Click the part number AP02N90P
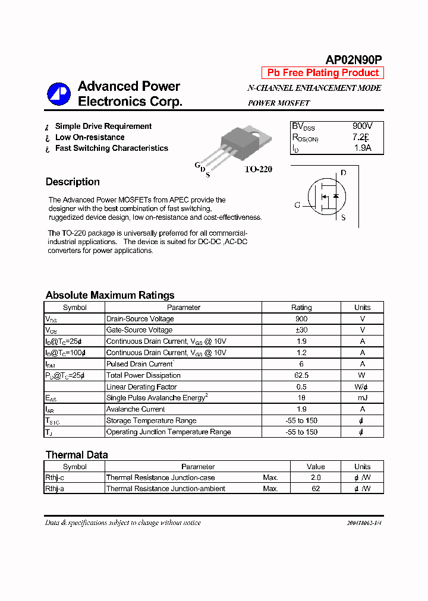pos(354,59)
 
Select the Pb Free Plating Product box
pos(323,73)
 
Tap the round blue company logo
pos(59,93)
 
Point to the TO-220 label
pos(258,169)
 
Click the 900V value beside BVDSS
pos(363,126)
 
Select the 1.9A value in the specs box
pos(362,148)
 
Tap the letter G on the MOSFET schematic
pos(297,205)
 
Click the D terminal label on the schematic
pos(343,173)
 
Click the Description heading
pos(73,182)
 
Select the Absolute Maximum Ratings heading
pos(110,295)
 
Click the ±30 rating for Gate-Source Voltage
pos(301,330)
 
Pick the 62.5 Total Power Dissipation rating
pos(301,375)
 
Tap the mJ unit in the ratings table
pos(362,398)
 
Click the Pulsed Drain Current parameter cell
pos(140,364)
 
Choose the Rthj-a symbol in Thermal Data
pos(55,489)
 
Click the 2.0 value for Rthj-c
pos(316,477)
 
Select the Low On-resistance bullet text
pos(90,137)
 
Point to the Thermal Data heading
pos(77,455)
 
